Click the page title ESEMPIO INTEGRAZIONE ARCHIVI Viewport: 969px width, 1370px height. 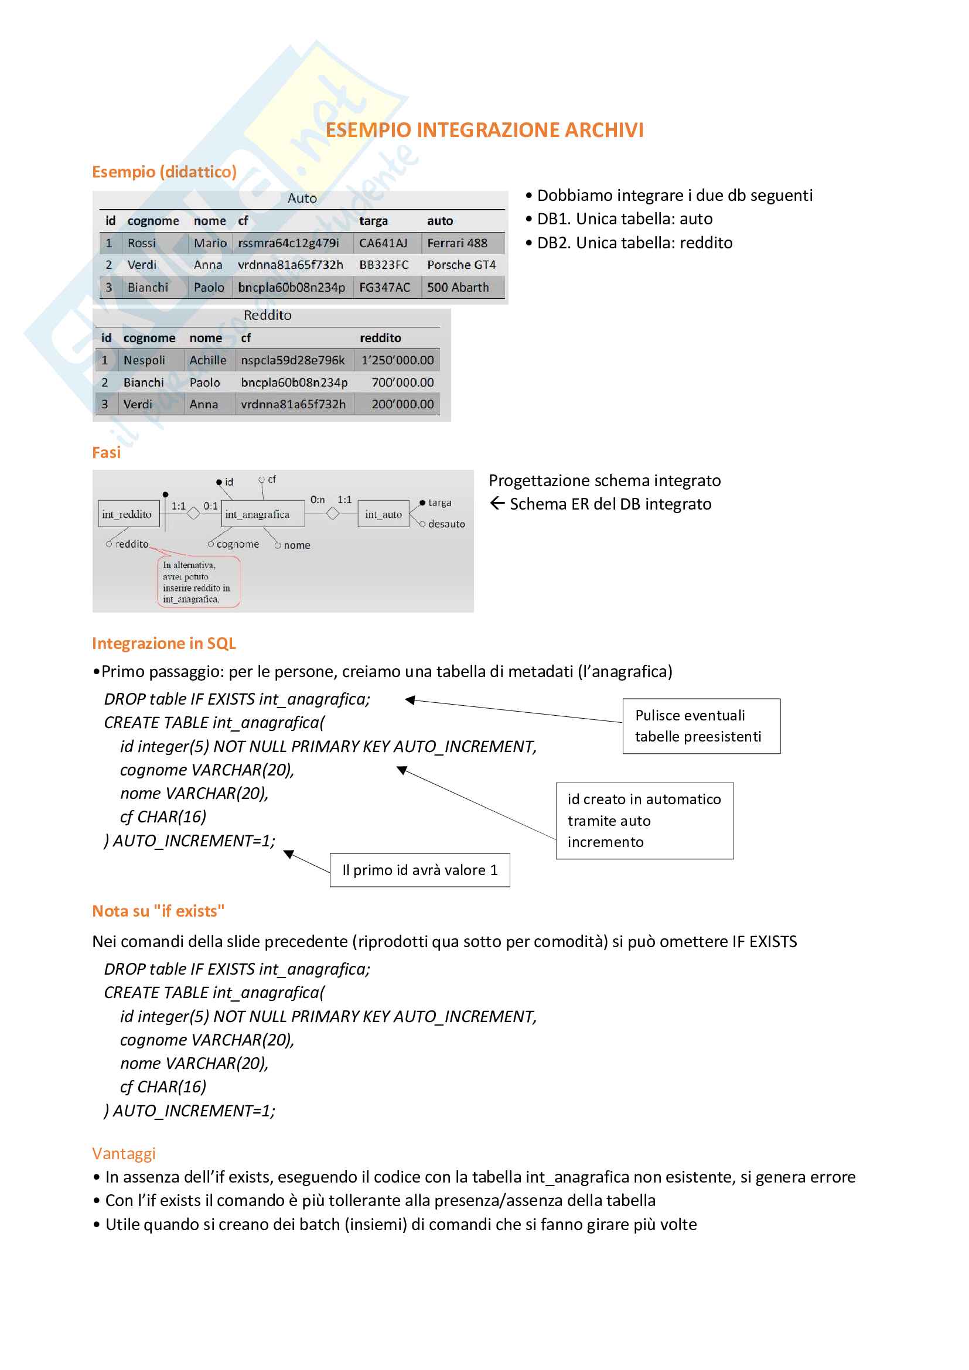pyautogui.click(x=484, y=130)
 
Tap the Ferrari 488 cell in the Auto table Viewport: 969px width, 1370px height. pyautogui.click(x=457, y=243)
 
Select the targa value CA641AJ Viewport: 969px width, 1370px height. pyautogui.click(x=383, y=243)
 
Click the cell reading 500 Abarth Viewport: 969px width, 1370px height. pyautogui.click(x=458, y=287)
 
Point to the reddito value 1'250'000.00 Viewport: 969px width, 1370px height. pyautogui.click(x=397, y=360)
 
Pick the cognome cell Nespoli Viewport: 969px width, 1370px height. pyautogui.click(x=144, y=360)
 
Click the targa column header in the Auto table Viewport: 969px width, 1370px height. pyautogui.click(x=373, y=221)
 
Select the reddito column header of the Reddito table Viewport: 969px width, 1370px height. pyautogui.click(x=380, y=338)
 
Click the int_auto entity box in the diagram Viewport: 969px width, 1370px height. pyautogui.click(x=383, y=514)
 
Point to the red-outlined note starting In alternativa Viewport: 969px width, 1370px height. pyautogui.click(x=197, y=582)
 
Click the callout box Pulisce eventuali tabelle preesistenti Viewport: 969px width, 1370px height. pyautogui.click(x=701, y=726)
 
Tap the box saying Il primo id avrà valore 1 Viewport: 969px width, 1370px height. pyautogui.click(x=419, y=870)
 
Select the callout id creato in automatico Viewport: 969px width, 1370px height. pyautogui.click(x=644, y=821)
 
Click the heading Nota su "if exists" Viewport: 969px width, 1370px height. pyautogui.click(x=158, y=911)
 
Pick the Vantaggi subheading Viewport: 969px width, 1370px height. pyautogui.click(x=124, y=1153)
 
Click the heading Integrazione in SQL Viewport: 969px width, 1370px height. pyautogui.click(x=164, y=643)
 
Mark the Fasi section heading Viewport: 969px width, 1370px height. pyautogui.click(x=106, y=452)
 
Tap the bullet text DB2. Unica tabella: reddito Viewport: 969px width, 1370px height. pyautogui.click(x=634, y=243)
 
